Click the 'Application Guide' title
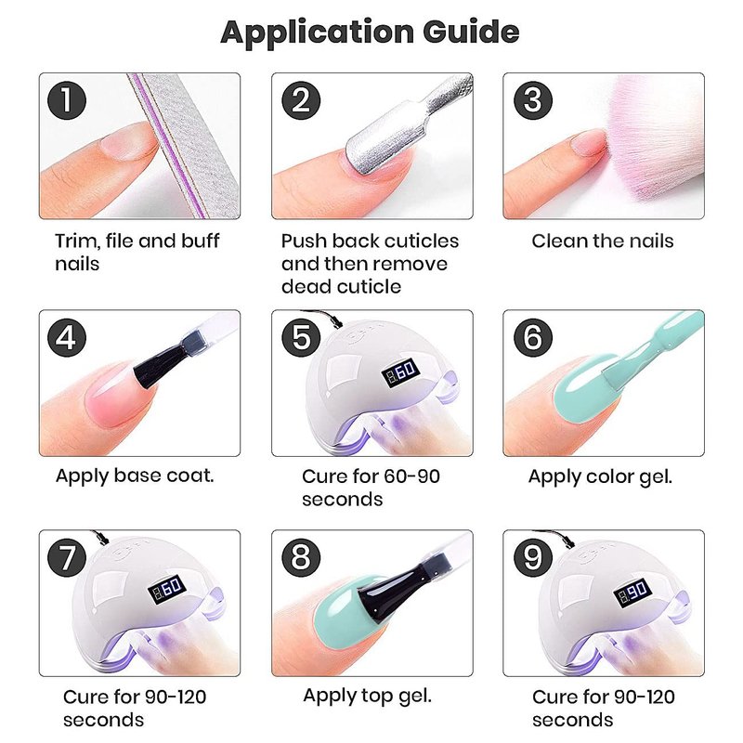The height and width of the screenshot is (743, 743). tap(370, 33)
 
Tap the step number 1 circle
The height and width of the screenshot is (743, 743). tap(67, 100)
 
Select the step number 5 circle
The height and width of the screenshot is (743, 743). tap(301, 337)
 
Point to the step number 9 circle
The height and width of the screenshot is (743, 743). tap(533, 556)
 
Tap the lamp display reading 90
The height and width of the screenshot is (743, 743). tap(632, 592)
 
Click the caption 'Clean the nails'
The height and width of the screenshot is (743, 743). tap(602, 241)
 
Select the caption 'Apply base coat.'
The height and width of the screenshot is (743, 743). tap(135, 476)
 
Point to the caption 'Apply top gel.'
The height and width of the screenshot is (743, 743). tap(367, 696)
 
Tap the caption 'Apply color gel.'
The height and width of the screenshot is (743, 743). tap(600, 477)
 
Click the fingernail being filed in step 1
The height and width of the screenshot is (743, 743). tap(129, 141)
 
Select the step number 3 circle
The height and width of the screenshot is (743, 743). tap(533, 100)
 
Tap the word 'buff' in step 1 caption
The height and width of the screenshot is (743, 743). tap(201, 241)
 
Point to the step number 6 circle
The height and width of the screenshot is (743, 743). tap(533, 337)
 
